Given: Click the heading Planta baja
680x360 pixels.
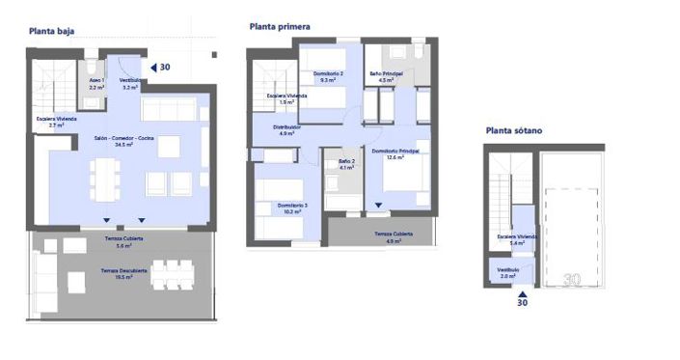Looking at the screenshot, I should (x=53, y=32).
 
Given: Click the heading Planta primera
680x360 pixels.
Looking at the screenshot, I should (x=280, y=27).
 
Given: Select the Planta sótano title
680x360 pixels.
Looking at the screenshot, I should (x=515, y=130).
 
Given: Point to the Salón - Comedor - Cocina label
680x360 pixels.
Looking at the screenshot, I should (x=123, y=141).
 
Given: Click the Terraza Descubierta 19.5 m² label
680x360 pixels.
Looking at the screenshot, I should (x=125, y=273).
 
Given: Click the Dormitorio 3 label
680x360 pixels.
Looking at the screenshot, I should (x=279, y=207).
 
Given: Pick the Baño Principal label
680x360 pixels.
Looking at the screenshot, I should (x=386, y=76).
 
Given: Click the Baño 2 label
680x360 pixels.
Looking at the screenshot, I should (x=345, y=164).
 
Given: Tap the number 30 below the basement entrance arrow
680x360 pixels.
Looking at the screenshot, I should (x=522, y=303).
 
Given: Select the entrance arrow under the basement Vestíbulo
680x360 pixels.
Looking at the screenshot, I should (x=522, y=291).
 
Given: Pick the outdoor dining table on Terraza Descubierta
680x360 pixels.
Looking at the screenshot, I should (x=172, y=275).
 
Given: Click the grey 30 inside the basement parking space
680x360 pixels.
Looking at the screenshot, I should (x=571, y=278).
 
